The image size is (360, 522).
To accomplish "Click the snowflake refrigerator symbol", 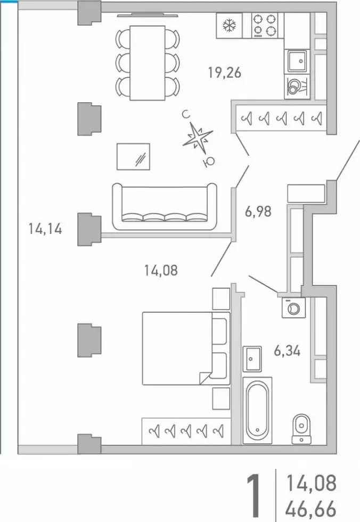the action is coord(229,26).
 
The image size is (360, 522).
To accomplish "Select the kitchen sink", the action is coord(297,61).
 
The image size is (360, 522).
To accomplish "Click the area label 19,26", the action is coord(225,72).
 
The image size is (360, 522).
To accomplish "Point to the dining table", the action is coord(148,63).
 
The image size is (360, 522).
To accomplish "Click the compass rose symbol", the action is coord(198,138).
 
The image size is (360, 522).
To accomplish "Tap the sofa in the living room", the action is coord(165,207).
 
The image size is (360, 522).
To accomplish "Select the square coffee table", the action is coord(133,157).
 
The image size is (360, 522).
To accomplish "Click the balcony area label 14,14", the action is coord(45,229).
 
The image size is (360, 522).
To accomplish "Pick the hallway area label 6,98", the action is coord(258,211).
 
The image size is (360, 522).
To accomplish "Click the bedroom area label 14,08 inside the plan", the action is coord(161,271).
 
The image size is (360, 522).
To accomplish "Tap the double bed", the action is coord(186,348).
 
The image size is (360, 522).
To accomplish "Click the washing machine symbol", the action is coord(293,308).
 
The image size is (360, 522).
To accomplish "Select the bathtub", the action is coord(258,410).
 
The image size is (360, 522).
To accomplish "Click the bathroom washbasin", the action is coord(252,359).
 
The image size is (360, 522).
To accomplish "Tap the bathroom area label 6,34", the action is coord(287,350).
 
